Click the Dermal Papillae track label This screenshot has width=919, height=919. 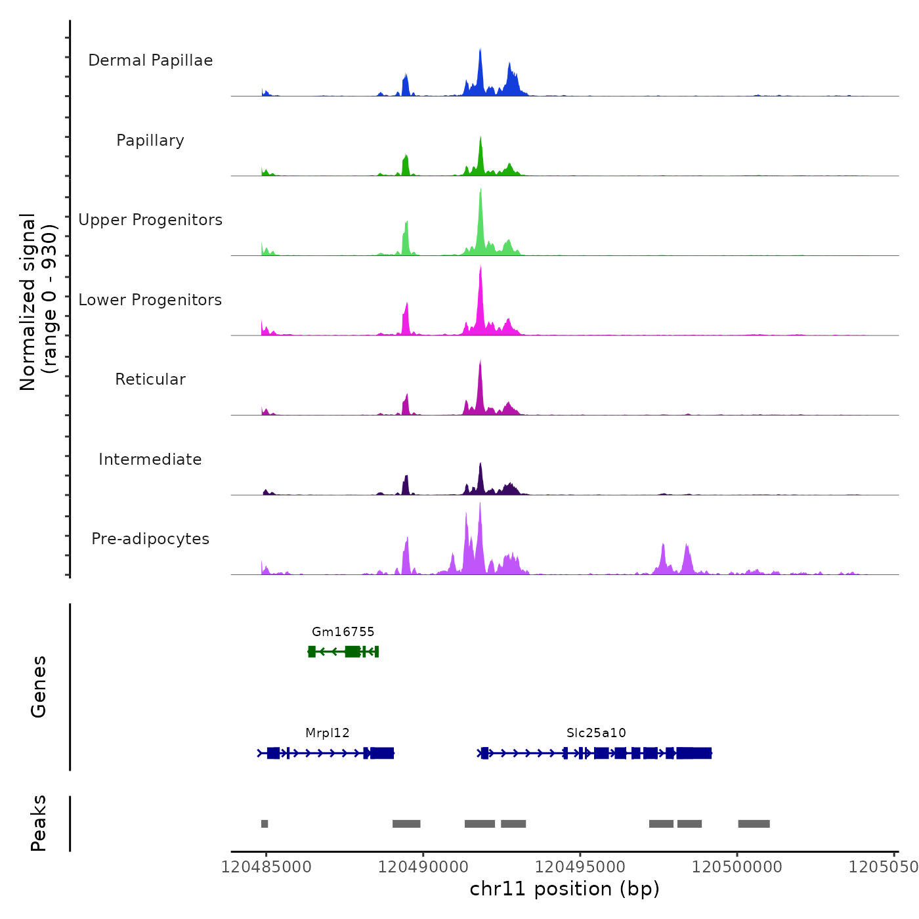150,60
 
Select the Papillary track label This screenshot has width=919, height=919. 150,140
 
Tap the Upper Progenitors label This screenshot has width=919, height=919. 150,220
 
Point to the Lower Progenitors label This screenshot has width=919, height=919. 150,300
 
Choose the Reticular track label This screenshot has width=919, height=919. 150,379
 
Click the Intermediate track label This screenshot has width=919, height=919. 150,460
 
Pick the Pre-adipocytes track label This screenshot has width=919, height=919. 150,539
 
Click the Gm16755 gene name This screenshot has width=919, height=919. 343,632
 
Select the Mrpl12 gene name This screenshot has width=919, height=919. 327,733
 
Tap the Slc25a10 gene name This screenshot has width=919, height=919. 596,733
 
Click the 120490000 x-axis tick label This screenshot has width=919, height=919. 423,867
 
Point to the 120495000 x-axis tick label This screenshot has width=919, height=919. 580,867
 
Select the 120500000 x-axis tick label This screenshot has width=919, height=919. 737,867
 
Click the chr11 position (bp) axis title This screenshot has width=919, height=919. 565,889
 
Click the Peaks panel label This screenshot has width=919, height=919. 39,823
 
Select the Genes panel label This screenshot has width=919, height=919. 39,687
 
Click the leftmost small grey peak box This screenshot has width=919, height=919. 265,824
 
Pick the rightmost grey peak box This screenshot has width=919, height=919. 754,824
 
